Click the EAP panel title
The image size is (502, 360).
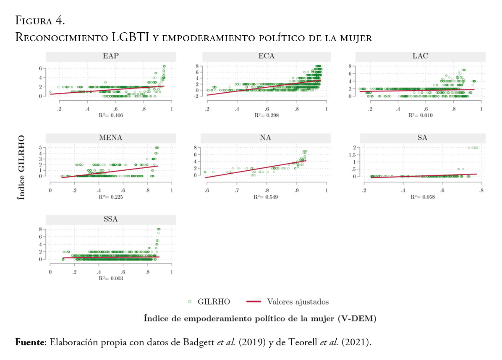click(110, 56)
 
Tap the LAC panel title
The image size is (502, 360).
click(420, 56)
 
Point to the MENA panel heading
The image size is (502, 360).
click(110, 138)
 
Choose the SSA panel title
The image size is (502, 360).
click(110, 219)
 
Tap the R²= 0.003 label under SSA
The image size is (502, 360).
click(110, 278)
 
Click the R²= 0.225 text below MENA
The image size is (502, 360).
click(110, 196)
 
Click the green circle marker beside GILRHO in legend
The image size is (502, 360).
click(190, 301)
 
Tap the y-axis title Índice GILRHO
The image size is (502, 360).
click(20, 167)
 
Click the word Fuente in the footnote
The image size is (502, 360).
click(30, 342)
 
